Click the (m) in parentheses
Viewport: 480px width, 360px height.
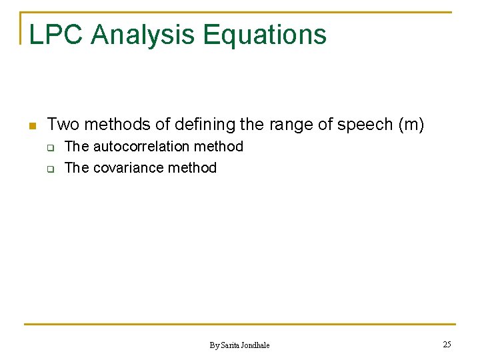pos(410,125)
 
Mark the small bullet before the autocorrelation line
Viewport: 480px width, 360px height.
pos(50,147)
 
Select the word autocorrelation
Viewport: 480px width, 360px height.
pos(142,147)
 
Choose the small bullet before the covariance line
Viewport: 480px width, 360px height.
pos(50,169)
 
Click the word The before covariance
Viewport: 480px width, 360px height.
pos(76,168)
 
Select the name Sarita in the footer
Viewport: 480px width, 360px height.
pos(230,345)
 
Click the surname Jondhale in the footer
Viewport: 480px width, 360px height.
pos(256,345)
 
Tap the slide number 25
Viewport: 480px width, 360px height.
pos(447,344)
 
